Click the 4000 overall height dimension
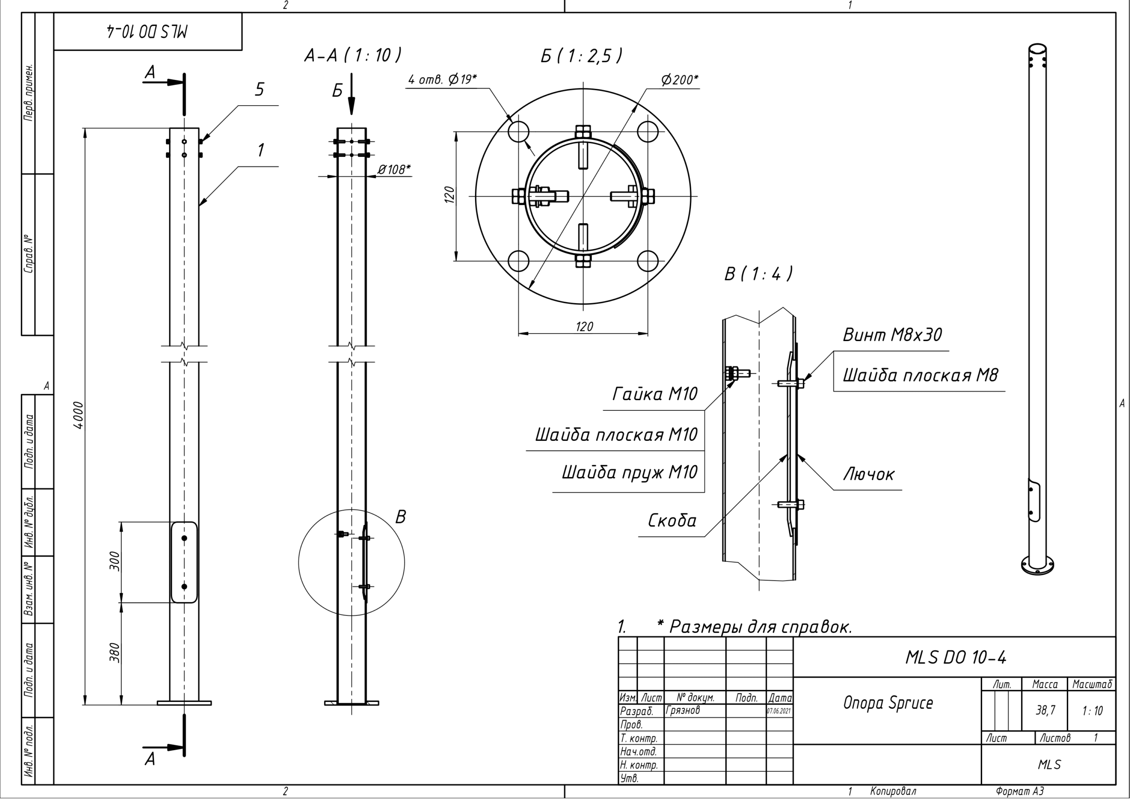[78, 415]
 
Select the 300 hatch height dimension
[114, 561]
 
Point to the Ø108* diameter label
[394, 170]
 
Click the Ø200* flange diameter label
[680, 80]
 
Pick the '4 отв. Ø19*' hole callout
[442, 80]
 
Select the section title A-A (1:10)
[352, 55]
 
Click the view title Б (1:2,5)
[581, 56]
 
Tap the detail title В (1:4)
[758, 273]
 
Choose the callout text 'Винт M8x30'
[892, 335]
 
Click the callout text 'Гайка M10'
[655, 394]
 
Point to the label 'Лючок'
[869, 474]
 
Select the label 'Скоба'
[672, 521]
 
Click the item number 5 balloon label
[260, 89]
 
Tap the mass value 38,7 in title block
[1045, 710]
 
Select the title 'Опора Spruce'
[888, 703]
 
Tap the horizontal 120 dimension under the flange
[584, 326]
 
